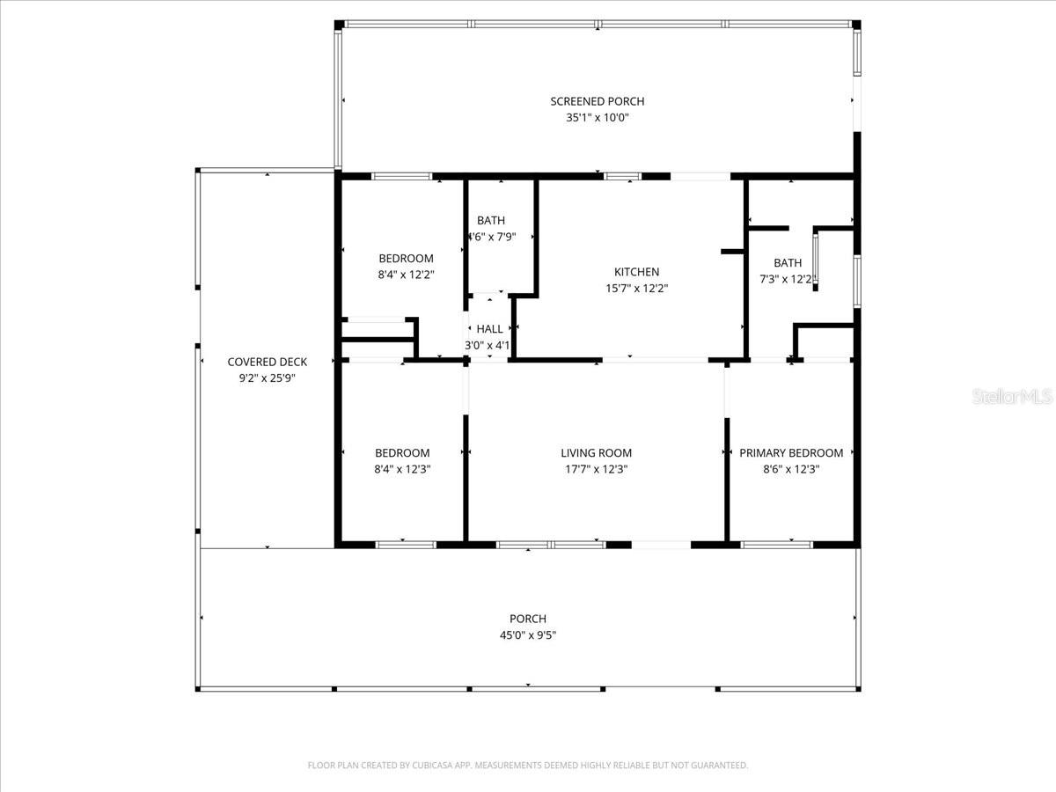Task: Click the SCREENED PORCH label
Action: point(597,101)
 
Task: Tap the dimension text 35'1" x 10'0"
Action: point(597,117)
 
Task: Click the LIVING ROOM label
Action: point(596,453)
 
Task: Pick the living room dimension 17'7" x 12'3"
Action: point(596,469)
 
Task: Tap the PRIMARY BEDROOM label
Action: point(790,453)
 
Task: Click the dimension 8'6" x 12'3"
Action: point(790,469)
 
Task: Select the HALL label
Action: point(489,329)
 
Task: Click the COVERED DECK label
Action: point(267,362)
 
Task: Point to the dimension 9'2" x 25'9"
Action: point(267,378)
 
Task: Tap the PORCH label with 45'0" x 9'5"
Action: point(527,619)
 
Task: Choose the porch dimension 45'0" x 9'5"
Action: point(527,634)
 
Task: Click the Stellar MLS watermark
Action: point(1011,397)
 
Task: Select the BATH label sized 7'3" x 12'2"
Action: point(788,262)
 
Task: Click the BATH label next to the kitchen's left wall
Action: point(491,220)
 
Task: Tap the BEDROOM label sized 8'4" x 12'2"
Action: point(406,258)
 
